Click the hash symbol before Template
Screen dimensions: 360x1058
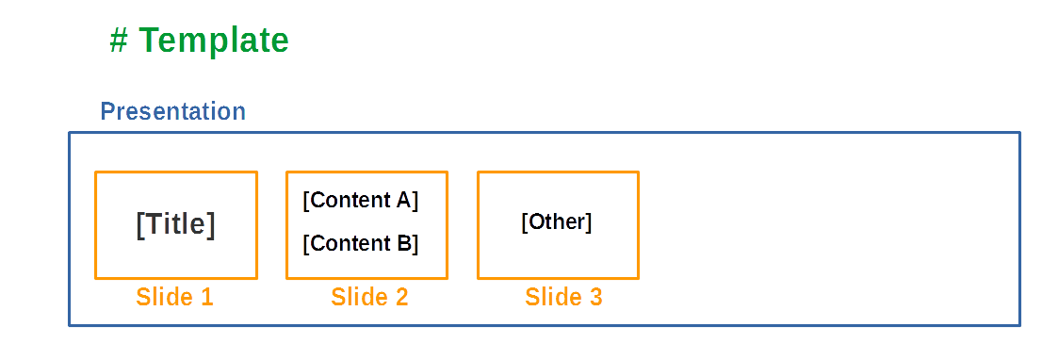119,41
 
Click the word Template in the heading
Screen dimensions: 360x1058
215,41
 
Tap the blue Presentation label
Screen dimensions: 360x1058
172,111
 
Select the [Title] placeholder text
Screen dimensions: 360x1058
176,225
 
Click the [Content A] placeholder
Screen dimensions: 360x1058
360,200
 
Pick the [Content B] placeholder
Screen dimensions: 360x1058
360,243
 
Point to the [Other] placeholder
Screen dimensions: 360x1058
557,222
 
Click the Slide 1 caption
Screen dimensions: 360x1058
175,297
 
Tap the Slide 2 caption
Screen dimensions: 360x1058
369,297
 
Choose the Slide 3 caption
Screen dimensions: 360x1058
563,297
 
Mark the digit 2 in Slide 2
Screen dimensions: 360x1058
401,297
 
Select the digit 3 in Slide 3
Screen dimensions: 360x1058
595,297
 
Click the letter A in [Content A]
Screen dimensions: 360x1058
403,200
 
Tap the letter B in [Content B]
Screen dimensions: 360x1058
403,243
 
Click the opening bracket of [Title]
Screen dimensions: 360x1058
140,225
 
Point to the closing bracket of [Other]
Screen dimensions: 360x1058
589,222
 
